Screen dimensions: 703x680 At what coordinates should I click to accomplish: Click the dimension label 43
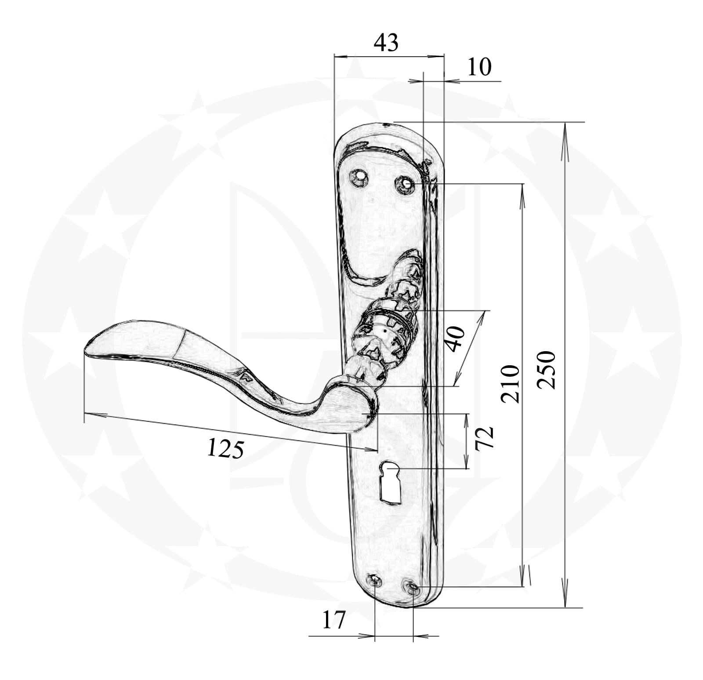[x=386, y=43]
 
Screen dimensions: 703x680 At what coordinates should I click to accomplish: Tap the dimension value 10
[x=479, y=67]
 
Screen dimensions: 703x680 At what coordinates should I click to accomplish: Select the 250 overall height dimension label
[x=547, y=370]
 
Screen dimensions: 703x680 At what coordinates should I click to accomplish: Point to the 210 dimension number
[x=510, y=384]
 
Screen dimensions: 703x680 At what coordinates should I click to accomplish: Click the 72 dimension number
[x=485, y=437]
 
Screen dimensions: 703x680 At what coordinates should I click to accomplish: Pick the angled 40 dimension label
[x=455, y=339]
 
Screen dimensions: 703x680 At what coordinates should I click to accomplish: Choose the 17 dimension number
[x=334, y=620]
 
